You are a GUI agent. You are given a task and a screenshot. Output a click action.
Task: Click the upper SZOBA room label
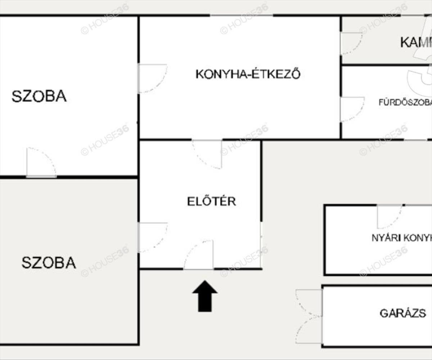point(39,96)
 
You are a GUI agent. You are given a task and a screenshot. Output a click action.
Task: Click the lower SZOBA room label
point(49,263)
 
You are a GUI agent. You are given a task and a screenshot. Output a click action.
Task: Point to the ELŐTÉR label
point(212,201)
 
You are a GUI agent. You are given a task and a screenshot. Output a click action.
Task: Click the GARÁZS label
point(403,313)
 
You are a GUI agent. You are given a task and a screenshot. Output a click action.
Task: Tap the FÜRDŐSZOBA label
point(405,102)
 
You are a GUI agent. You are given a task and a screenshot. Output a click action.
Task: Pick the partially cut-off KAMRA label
point(416,42)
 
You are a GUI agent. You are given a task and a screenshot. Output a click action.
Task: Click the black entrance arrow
point(205,296)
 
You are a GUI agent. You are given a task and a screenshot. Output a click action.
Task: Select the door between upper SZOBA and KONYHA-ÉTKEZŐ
point(152,78)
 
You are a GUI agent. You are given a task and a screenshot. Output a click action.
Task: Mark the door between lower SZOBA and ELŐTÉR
point(152,237)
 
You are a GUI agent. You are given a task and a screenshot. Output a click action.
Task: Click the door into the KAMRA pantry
point(351,43)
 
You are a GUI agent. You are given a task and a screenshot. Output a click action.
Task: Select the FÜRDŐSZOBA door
point(352,109)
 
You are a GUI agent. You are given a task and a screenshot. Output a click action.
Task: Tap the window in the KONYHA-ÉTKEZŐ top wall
point(242,15)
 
